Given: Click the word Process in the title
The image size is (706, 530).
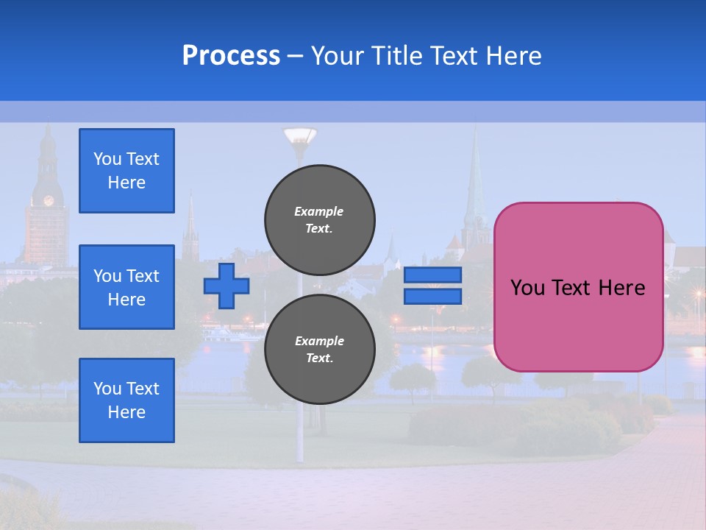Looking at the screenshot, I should point(231,56).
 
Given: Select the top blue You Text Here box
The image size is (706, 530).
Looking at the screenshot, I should point(126,171).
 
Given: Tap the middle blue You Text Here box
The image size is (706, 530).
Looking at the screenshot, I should point(126,287).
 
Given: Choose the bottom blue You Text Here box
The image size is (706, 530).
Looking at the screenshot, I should point(126,400).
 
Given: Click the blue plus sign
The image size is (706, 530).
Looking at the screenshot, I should point(227,286).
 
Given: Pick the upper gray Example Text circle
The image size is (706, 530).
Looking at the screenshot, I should point(319,219).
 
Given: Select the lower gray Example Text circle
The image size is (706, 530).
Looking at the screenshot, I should point(319,349).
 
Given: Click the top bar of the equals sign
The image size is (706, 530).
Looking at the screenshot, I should point(432,275).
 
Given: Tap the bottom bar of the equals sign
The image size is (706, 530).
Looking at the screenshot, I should point(432,296).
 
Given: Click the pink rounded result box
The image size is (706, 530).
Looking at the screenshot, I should point(578,324).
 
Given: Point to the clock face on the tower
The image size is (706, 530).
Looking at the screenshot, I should point(49,200).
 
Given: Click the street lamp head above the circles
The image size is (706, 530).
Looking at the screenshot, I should point(299,136).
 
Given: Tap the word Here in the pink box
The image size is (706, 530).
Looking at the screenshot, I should point(621,287).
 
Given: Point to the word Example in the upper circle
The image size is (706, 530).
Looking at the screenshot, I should point(319,211).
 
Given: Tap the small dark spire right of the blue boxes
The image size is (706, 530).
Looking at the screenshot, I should point(190,221).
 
